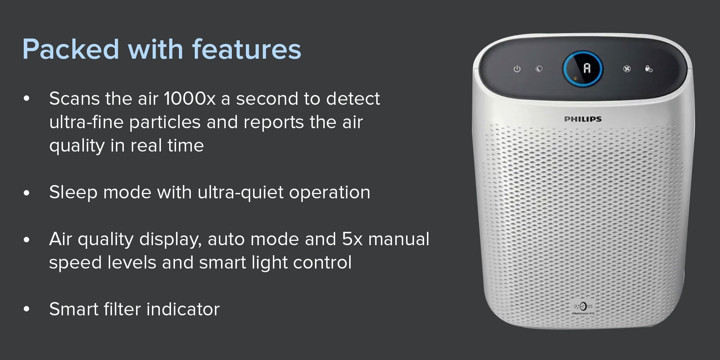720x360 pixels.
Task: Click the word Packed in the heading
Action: (x=71, y=49)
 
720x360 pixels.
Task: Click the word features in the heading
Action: (x=247, y=49)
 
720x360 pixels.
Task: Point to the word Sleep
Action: (x=73, y=193)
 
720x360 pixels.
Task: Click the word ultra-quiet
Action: (x=240, y=193)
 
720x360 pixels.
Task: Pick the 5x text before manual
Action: (x=352, y=239)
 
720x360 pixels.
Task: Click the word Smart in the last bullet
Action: (x=74, y=309)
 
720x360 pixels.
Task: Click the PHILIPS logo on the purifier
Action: (x=582, y=119)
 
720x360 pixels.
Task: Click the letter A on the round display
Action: (x=587, y=68)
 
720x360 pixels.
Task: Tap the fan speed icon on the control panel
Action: (x=627, y=69)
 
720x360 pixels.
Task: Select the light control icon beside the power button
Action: (x=539, y=69)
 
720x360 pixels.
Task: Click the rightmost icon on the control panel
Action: (x=649, y=69)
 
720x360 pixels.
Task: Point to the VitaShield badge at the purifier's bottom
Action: (x=583, y=309)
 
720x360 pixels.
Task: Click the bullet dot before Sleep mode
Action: (x=27, y=193)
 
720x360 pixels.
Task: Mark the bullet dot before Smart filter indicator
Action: (x=27, y=309)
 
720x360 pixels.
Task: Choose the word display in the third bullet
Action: (x=170, y=239)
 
